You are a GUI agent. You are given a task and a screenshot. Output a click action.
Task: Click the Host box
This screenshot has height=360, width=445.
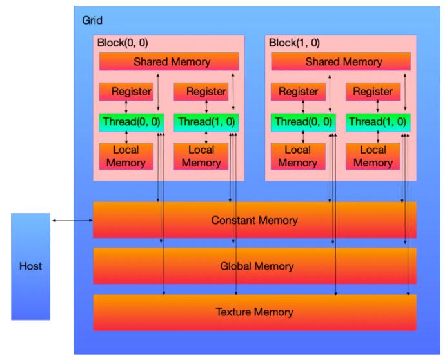click(x=30, y=266)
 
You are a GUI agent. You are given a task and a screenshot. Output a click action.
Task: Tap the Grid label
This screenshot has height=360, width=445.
click(x=92, y=20)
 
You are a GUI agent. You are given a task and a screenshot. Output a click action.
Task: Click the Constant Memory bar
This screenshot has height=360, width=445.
click(x=255, y=220)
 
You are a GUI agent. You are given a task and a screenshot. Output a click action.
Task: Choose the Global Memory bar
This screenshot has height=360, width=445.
click(x=255, y=266)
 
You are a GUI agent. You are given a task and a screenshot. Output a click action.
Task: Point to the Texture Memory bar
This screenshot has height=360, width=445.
click(x=255, y=312)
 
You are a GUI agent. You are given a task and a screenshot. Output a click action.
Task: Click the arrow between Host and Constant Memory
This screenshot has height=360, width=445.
click(x=72, y=221)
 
